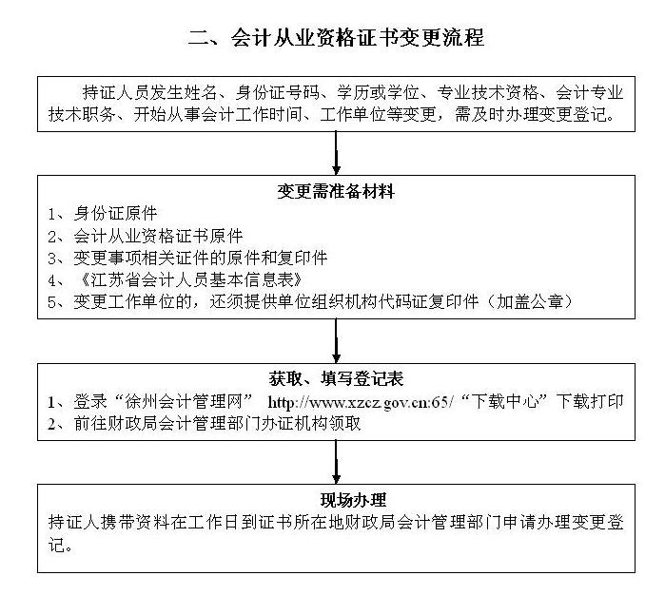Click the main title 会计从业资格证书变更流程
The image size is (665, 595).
[x=357, y=37]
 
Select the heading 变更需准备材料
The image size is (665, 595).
[x=336, y=192]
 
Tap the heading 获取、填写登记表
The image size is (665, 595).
[x=336, y=378]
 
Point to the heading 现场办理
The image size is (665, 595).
[x=353, y=500]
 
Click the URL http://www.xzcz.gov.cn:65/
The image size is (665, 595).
[x=361, y=402]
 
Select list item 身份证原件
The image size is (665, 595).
[x=115, y=213]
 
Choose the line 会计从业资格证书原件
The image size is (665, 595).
[x=158, y=236]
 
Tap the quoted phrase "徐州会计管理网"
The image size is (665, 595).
[x=184, y=401]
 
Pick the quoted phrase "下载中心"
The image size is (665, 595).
[x=504, y=401]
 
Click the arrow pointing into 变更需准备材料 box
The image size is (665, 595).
[x=336, y=153]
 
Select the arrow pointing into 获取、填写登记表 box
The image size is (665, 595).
[x=336, y=340]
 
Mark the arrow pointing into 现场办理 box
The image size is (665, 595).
[x=336, y=462]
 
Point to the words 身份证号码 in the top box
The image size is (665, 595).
[x=277, y=92]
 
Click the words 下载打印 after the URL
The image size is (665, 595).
[x=590, y=401]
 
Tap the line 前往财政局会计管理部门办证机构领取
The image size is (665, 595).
[x=217, y=423]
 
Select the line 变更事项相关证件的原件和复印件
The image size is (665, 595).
[x=201, y=258]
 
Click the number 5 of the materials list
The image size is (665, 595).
[x=52, y=302]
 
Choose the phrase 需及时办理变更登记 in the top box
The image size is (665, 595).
[x=531, y=114]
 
